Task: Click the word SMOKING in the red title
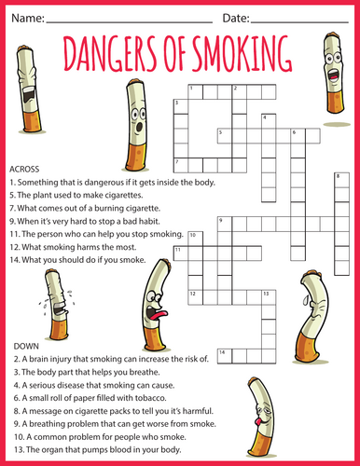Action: click(x=242, y=53)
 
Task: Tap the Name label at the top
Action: click(x=28, y=18)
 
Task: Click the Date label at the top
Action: click(x=236, y=18)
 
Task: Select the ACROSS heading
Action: click(x=24, y=170)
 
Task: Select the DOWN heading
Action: click(x=26, y=346)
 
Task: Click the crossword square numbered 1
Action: click(x=195, y=92)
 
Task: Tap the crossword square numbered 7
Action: click(x=181, y=165)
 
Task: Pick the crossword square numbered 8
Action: click(x=341, y=180)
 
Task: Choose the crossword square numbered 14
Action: click(x=225, y=356)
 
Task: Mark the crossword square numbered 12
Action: click(x=195, y=297)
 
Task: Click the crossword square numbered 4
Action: click(x=269, y=121)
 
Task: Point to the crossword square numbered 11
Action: click(x=181, y=254)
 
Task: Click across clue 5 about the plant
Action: click(x=76, y=195)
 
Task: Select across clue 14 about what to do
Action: click(x=77, y=260)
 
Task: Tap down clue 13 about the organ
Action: click(x=98, y=449)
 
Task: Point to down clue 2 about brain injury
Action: click(x=111, y=359)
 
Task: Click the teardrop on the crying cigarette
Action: click(x=306, y=300)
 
